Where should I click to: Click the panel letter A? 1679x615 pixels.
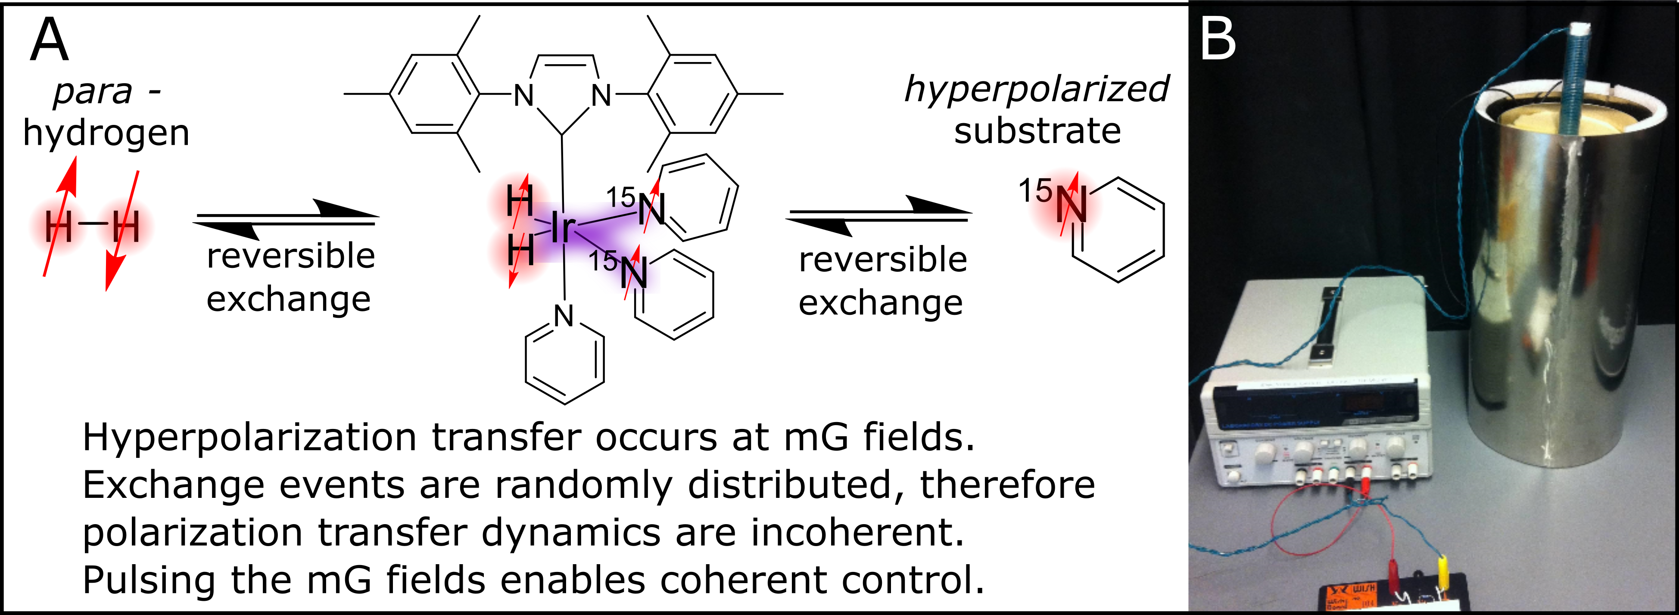pos(49,40)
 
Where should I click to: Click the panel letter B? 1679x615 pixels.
pos(1218,39)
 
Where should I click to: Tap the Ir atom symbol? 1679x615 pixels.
pos(563,228)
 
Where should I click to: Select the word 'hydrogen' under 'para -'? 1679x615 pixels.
pos(106,134)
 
